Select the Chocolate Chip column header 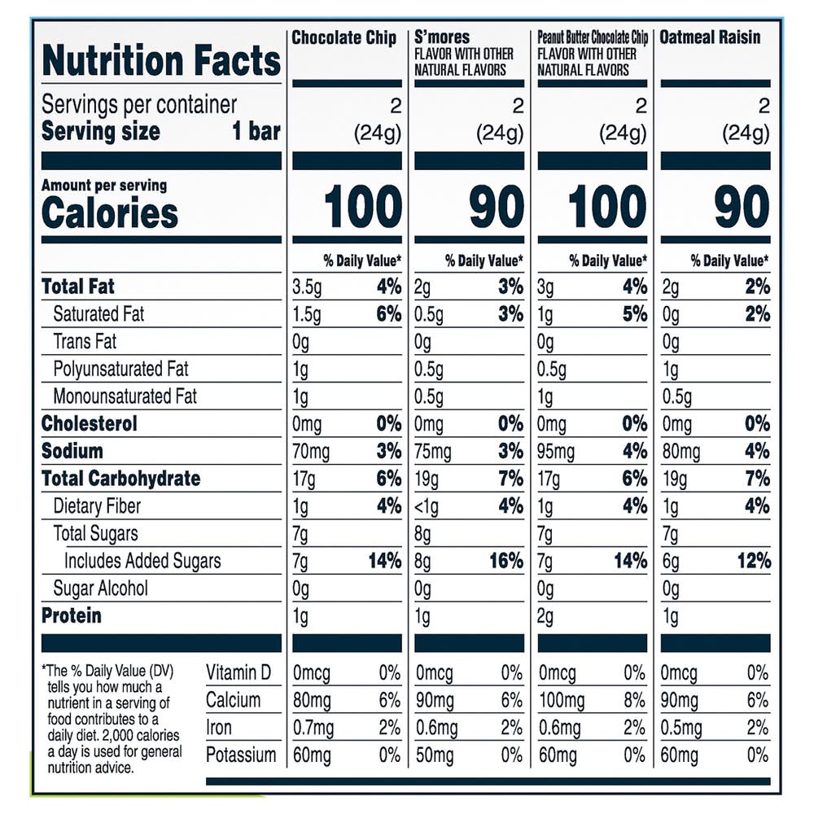[344, 38]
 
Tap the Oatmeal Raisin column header [710, 38]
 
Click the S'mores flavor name [442, 38]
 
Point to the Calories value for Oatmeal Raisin [742, 208]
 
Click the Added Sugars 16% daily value [506, 561]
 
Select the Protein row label [72, 615]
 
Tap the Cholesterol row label [90, 423]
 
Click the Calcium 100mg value [562, 700]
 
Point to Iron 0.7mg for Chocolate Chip [313, 728]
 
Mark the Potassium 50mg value [435, 755]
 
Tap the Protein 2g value [546, 616]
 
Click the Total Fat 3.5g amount [307, 287]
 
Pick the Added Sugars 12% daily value [755, 561]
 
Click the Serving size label [101, 132]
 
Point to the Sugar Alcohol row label [101, 589]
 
